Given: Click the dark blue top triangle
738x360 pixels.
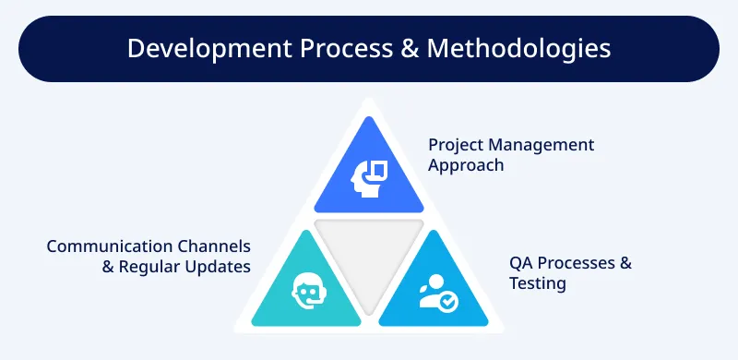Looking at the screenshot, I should (368, 175).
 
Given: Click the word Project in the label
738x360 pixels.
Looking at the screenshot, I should (456, 146).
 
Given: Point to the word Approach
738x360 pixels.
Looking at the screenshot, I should (466, 166).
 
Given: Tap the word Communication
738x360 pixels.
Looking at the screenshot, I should (109, 246).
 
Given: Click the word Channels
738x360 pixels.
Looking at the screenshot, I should (213, 246).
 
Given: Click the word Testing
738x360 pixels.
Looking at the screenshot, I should (538, 283).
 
